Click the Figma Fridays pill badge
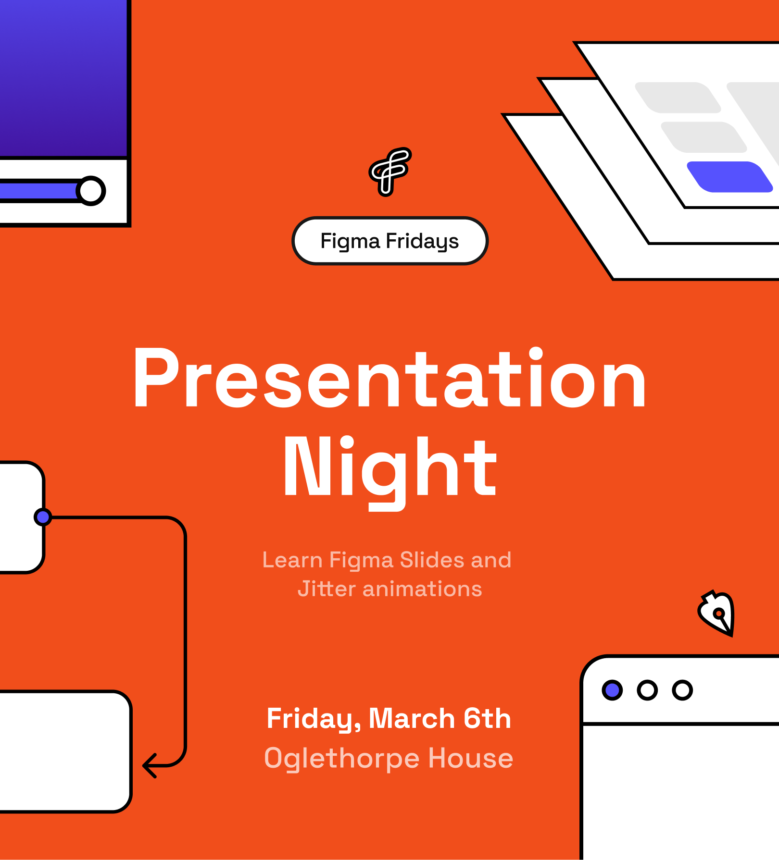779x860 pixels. coord(390,241)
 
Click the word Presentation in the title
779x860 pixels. coord(390,378)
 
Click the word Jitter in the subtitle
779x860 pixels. coord(327,589)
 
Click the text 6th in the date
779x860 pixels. coord(487,718)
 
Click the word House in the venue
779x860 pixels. coord(471,758)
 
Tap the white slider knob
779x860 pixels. coord(91,191)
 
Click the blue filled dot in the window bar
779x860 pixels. coord(612,690)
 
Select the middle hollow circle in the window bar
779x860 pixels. coord(647,690)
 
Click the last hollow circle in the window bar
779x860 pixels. coord(682,690)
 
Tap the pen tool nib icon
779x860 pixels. coord(717,613)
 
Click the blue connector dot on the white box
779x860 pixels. coord(43,517)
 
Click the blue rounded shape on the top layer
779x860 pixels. coord(729,177)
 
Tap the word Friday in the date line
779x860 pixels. coord(314,719)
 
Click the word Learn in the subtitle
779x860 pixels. coord(292,560)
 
